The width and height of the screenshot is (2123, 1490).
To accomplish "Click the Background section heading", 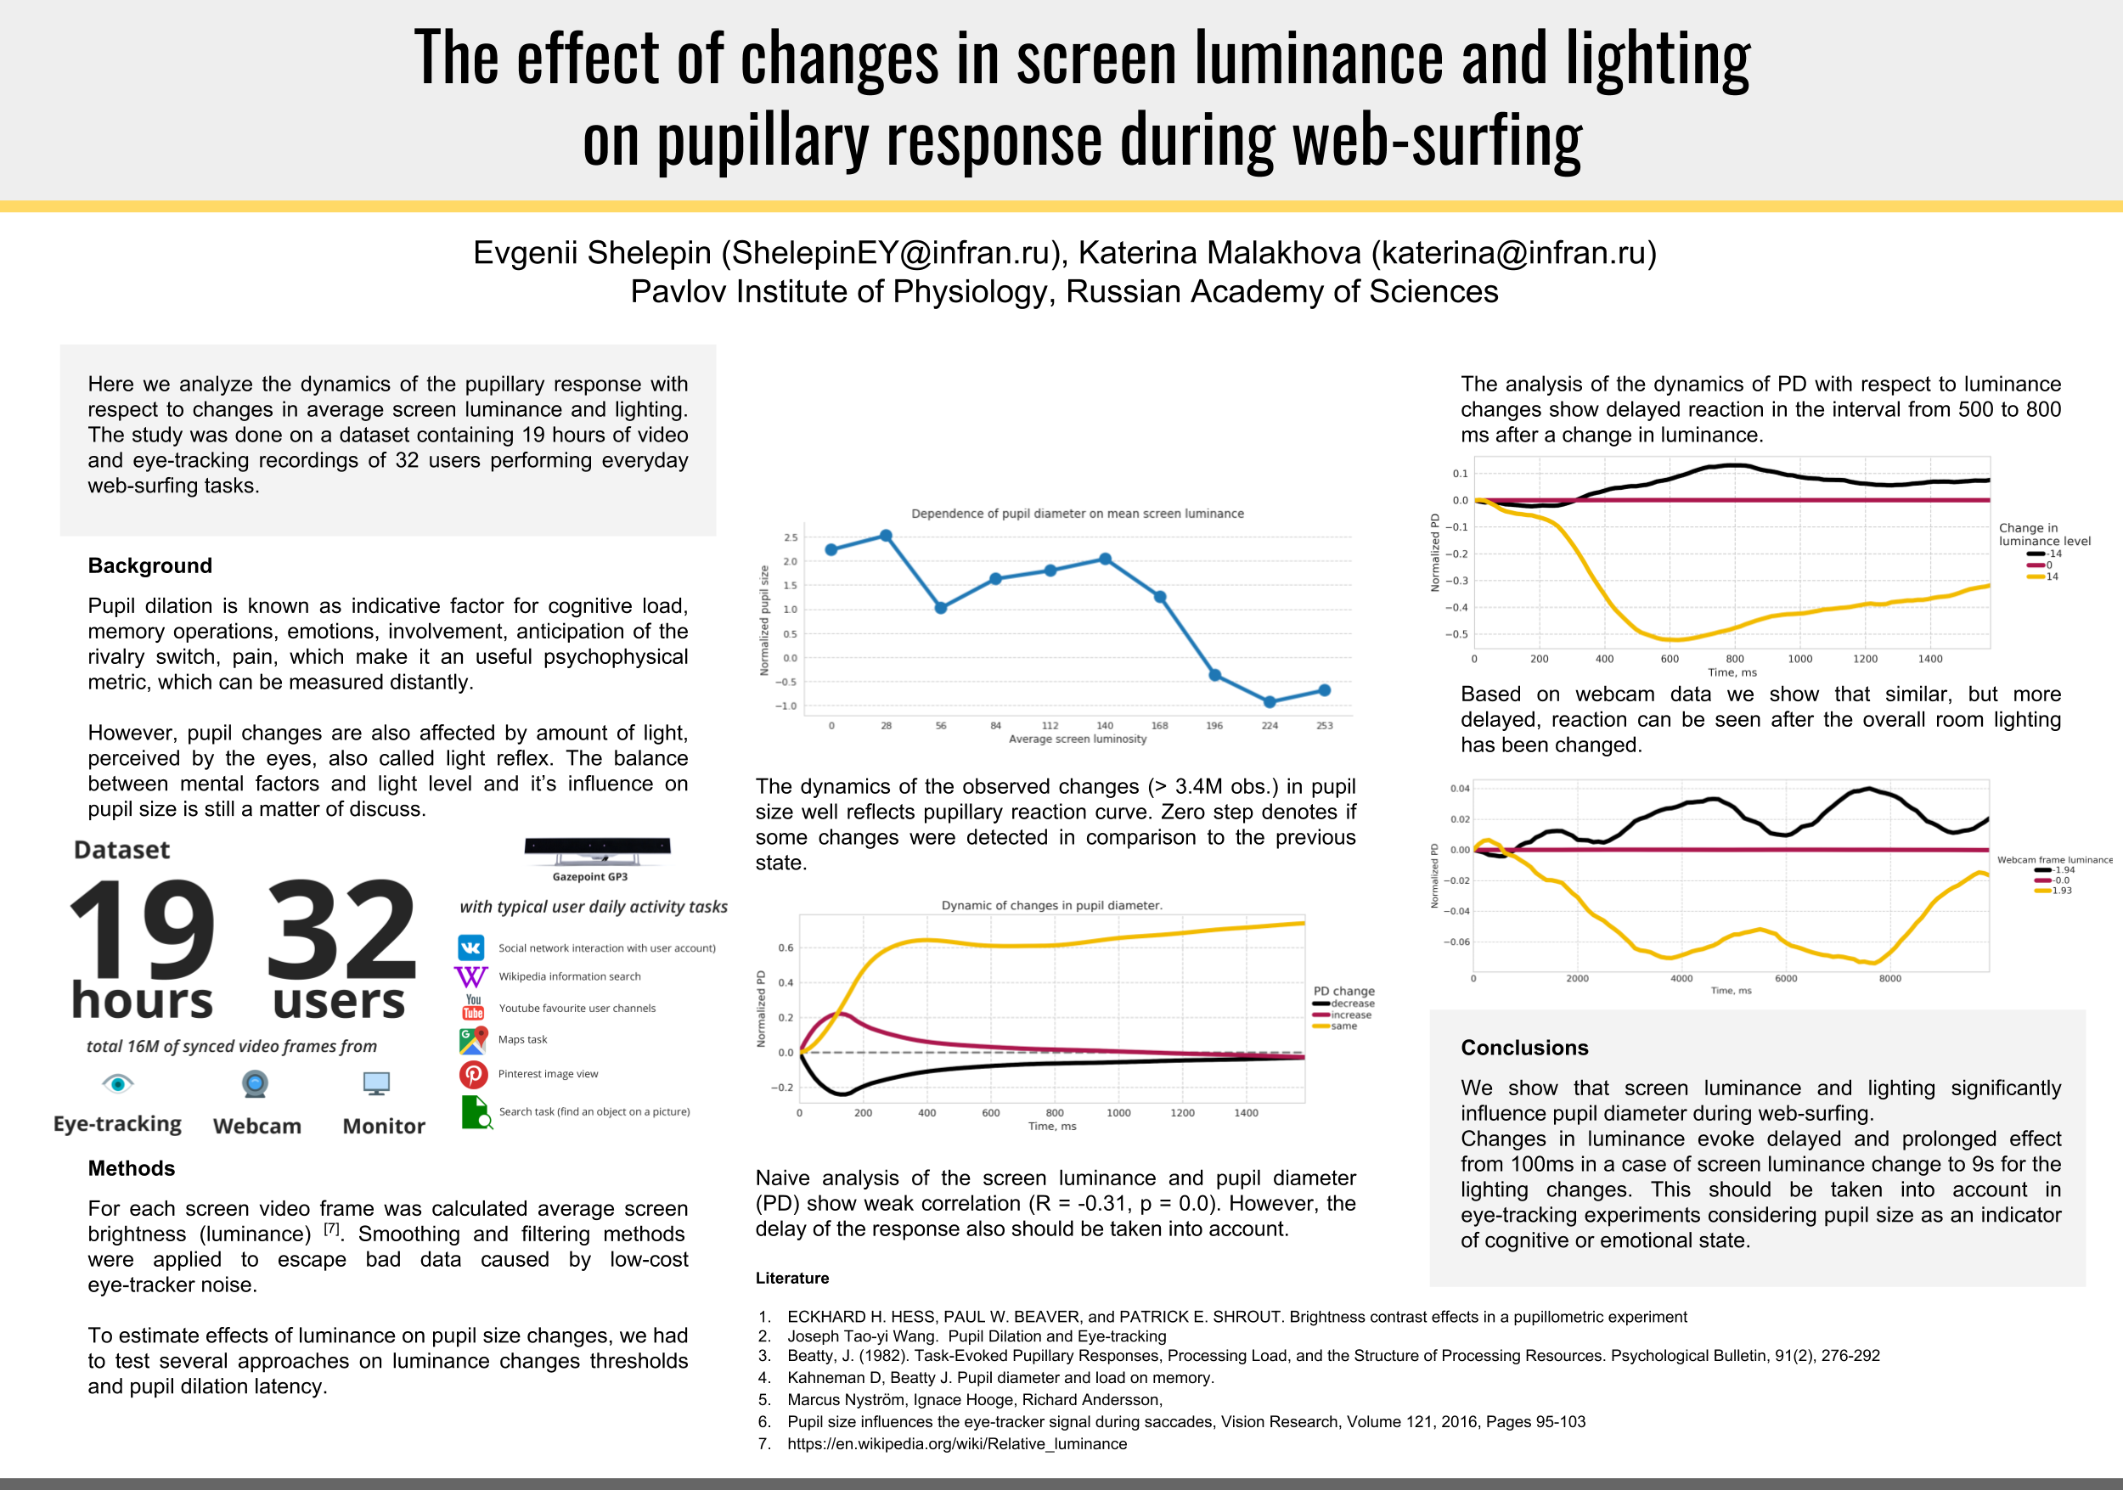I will (149, 565).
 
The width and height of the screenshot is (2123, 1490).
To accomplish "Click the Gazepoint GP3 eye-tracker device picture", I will (596, 848).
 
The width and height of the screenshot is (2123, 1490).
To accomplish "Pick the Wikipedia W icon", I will (470, 977).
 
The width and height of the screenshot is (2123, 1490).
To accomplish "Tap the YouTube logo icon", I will (472, 1008).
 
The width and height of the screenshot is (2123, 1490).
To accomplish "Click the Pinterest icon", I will (473, 1074).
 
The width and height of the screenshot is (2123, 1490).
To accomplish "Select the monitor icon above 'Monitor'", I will (376, 1083).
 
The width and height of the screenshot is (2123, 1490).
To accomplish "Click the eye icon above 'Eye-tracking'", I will (118, 1082).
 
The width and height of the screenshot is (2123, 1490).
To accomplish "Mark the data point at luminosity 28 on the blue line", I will (886, 536).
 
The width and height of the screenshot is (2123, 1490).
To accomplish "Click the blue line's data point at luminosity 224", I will (1270, 702).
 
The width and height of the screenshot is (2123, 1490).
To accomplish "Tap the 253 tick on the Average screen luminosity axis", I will (1324, 727).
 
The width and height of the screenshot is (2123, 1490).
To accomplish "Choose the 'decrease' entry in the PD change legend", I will (1352, 1004).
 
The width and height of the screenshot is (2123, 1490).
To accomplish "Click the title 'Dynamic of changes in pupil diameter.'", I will (1051, 906).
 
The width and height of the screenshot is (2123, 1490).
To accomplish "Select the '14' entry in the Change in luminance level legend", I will (2052, 576).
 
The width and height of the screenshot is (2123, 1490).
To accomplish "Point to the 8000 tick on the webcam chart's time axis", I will (1890, 979).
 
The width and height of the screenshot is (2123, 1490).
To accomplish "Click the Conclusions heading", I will (1523, 1049).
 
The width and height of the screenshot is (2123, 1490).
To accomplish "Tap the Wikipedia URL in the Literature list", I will (957, 1444).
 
